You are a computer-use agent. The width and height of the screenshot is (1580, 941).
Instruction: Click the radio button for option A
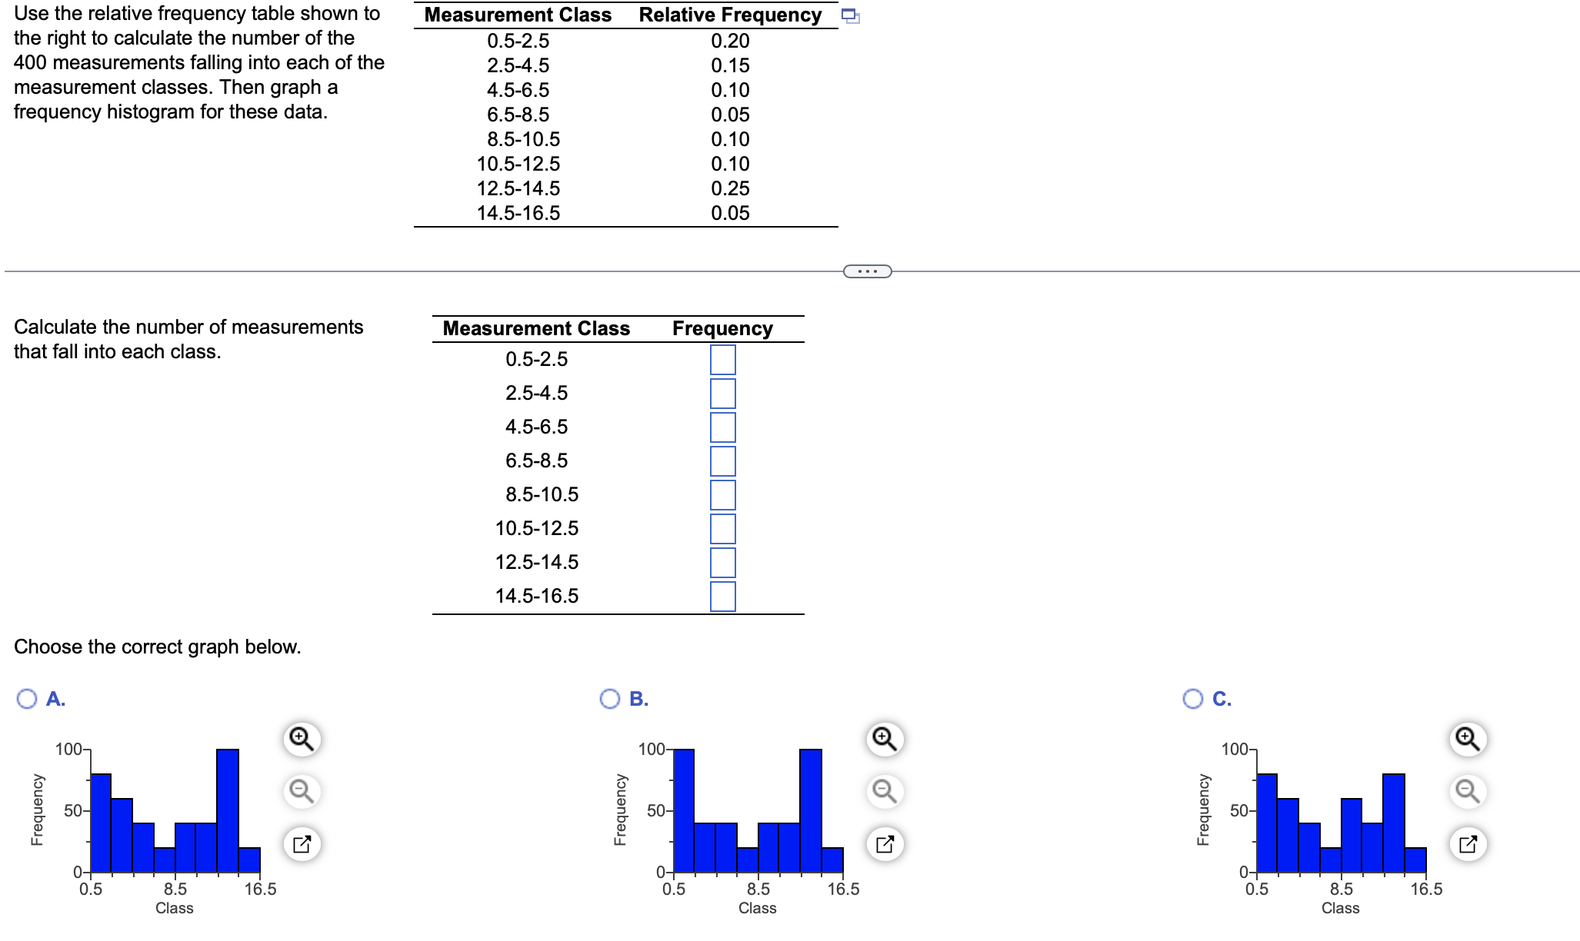tap(27, 698)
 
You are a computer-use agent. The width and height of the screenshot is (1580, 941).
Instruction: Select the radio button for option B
tap(610, 698)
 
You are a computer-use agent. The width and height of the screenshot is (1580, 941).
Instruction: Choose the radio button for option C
tap(1193, 698)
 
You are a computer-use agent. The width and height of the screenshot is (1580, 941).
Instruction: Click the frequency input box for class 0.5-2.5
tap(722, 360)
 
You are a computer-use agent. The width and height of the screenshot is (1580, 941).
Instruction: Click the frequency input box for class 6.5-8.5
tap(722, 461)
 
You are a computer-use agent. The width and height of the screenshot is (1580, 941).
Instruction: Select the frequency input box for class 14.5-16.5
tap(722, 597)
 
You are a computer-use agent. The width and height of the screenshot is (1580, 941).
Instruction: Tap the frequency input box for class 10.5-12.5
tap(722, 529)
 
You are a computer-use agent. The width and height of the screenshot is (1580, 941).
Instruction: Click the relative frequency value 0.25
tap(730, 188)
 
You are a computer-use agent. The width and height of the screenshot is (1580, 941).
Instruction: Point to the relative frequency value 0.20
tap(730, 41)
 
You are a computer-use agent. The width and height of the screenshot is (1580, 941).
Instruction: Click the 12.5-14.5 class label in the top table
tap(518, 188)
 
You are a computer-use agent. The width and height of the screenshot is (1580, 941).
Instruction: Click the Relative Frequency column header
tap(730, 15)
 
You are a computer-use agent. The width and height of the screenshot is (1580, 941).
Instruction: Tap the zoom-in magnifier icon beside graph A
tap(302, 739)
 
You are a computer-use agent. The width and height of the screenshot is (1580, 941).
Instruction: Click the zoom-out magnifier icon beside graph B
tap(885, 791)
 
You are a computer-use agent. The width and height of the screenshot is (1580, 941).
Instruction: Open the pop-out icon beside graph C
tap(1468, 844)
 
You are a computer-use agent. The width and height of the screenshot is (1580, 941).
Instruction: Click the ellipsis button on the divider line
tap(867, 271)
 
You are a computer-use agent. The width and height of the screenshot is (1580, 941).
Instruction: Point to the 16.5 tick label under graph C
tap(1426, 889)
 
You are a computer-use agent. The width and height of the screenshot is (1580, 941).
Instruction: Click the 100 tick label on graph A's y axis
tap(68, 749)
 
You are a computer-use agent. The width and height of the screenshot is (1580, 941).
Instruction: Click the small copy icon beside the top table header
tap(850, 16)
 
